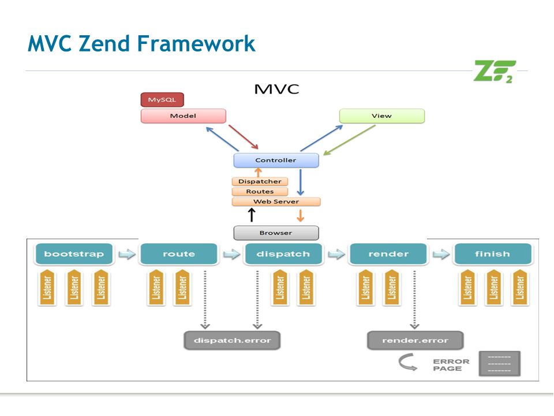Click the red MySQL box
(x=162, y=100)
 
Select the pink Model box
(x=184, y=116)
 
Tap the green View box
(x=382, y=116)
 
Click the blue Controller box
(x=276, y=160)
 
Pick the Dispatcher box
(x=260, y=181)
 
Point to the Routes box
(x=260, y=191)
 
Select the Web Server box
(x=276, y=202)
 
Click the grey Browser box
(x=276, y=233)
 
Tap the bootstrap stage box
(x=74, y=254)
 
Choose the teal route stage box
(x=179, y=254)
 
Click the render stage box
(x=388, y=254)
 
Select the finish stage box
(x=492, y=254)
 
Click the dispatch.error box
(x=232, y=340)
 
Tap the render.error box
(x=415, y=340)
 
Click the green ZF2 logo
(x=495, y=72)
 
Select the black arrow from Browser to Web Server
(x=252, y=215)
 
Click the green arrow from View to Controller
(x=349, y=140)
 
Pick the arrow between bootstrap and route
(x=127, y=254)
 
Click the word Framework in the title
(x=196, y=43)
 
